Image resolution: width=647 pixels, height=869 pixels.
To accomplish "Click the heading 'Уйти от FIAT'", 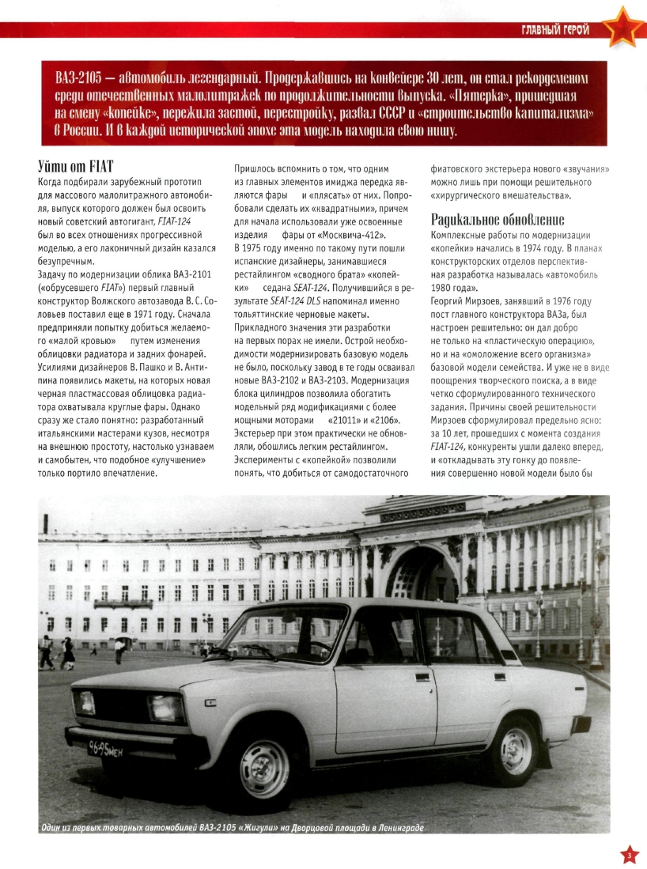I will click(76, 166).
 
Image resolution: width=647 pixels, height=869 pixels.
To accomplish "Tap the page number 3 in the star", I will click(627, 854).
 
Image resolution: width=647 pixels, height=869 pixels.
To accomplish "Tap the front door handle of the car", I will click(422, 678).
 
